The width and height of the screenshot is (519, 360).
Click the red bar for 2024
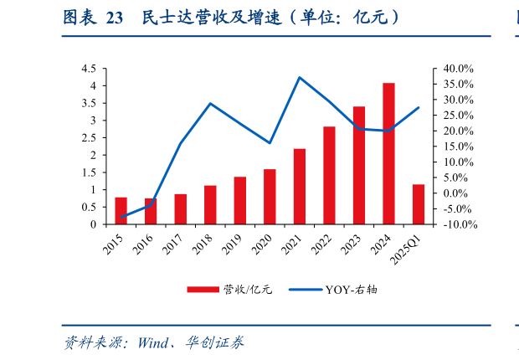(x=389, y=154)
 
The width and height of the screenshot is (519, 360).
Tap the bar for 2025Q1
(x=419, y=204)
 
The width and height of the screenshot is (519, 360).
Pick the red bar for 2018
(x=210, y=205)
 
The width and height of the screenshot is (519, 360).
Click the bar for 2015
(x=121, y=211)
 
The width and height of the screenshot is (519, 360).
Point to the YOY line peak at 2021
(x=300, y=77)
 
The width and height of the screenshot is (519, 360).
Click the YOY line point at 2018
(x=210, y=103)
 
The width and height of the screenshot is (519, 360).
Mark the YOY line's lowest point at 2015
(x=121, y=218)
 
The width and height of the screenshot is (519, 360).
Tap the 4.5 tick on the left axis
(x=88, y=69)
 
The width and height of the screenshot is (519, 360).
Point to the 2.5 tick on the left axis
(x=88, y=138)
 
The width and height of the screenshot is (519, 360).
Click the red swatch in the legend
(x=202, y=290)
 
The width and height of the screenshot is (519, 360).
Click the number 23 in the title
(x=115, y=18)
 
